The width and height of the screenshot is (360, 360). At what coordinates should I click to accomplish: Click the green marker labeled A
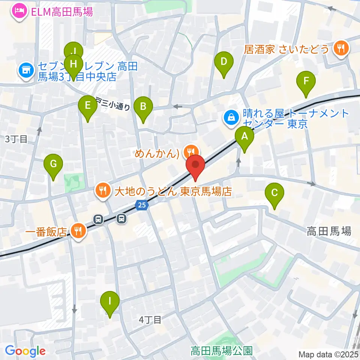tap(244, 137)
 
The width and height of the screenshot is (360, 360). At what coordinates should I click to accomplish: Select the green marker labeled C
tap(274, 194)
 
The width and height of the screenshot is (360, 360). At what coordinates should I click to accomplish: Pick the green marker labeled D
tap(224, 62)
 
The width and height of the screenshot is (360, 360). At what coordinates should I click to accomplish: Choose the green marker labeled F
tap(306, 81)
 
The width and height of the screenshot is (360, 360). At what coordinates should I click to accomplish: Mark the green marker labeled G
tap(53, 165)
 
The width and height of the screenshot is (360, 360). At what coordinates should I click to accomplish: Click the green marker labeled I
tap(110, 301)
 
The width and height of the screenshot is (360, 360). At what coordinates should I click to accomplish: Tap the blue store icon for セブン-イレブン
tap(26, 70)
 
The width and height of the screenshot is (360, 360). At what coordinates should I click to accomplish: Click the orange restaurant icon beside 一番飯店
tap(78, 231)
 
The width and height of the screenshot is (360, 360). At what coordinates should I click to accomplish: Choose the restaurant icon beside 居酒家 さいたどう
tap(342, 48)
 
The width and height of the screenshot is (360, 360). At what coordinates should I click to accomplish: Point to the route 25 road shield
tap(141, 205)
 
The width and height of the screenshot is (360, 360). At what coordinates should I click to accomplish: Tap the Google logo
tap(25, 351)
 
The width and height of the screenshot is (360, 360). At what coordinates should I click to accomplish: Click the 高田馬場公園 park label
tap(221, 351)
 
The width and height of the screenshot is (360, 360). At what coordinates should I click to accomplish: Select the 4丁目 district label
tap(150, 320)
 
